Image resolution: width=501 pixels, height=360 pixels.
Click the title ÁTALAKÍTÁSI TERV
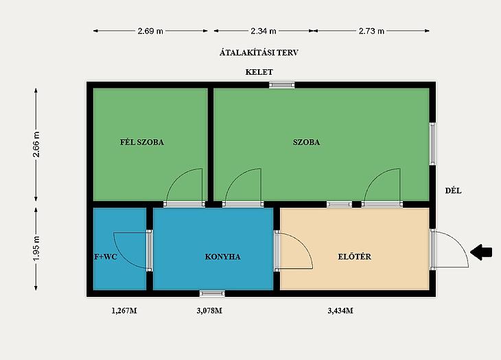point(259,52)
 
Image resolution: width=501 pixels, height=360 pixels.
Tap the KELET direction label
point(259,72)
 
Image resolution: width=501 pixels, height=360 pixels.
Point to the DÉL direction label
point(454,191)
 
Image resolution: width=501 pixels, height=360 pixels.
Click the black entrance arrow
point(481,252)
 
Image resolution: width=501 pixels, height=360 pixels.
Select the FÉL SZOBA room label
point(142,142)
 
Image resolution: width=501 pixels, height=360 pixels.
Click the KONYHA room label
point(222,256)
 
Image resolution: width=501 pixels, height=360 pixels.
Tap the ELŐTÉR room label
point(355,256)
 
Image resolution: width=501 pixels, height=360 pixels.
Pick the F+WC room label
point(106,256)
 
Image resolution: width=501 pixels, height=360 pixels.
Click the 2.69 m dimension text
point(150,31)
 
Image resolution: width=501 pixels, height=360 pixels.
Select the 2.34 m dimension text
point(264,31)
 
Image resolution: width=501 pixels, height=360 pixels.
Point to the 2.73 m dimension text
point(371,31)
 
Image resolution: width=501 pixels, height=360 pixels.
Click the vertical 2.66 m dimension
point(36,144)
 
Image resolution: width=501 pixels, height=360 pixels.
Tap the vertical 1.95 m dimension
point(36,248)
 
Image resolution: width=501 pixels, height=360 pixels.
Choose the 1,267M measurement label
point(124,311)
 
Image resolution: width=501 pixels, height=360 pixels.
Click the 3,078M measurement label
point(209,311)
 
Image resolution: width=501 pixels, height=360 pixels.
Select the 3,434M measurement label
point(340,311)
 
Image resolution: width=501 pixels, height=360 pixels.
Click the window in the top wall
point(281,85)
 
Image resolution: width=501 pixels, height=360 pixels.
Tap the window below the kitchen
point(212,293)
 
